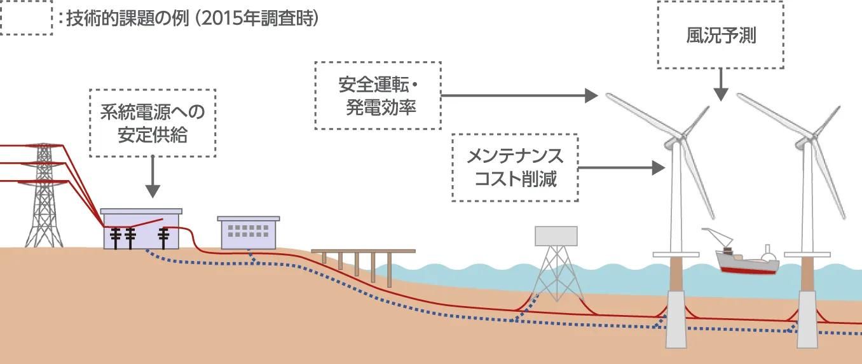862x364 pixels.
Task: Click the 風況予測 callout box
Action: tap(720, 35)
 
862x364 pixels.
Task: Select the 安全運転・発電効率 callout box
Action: tap(377, 95)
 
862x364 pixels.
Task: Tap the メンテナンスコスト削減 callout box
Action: tap(515, 167)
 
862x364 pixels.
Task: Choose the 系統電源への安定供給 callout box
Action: tap(153, 123)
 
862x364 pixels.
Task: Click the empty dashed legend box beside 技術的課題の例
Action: tap(26, 18)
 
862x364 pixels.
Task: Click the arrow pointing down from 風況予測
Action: tap(720, 85)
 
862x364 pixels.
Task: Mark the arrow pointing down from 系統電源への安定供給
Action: tap(153, 178)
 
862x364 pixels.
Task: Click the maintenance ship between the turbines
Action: tap(748, 261)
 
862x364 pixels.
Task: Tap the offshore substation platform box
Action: tap(556, 236)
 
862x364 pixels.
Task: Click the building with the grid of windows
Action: tap(249, 233)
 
